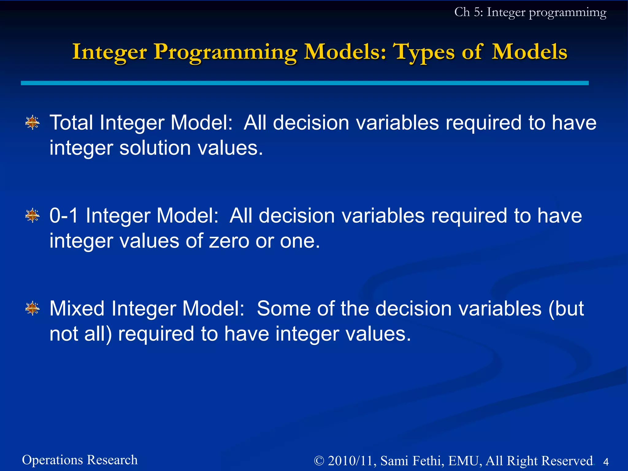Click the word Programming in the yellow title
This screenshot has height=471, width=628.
225,52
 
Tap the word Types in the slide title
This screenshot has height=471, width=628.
424,52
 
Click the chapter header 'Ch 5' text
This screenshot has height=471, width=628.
466,12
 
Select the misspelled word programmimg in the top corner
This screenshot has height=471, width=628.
567,13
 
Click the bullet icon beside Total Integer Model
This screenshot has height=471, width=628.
33,123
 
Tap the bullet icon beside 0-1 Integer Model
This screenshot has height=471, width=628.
33,216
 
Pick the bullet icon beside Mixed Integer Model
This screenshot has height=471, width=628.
33,308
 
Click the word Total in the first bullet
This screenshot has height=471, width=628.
71,123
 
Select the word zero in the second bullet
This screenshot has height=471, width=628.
229,241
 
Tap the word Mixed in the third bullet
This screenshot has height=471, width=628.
77,308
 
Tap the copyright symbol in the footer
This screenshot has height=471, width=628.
319,461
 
